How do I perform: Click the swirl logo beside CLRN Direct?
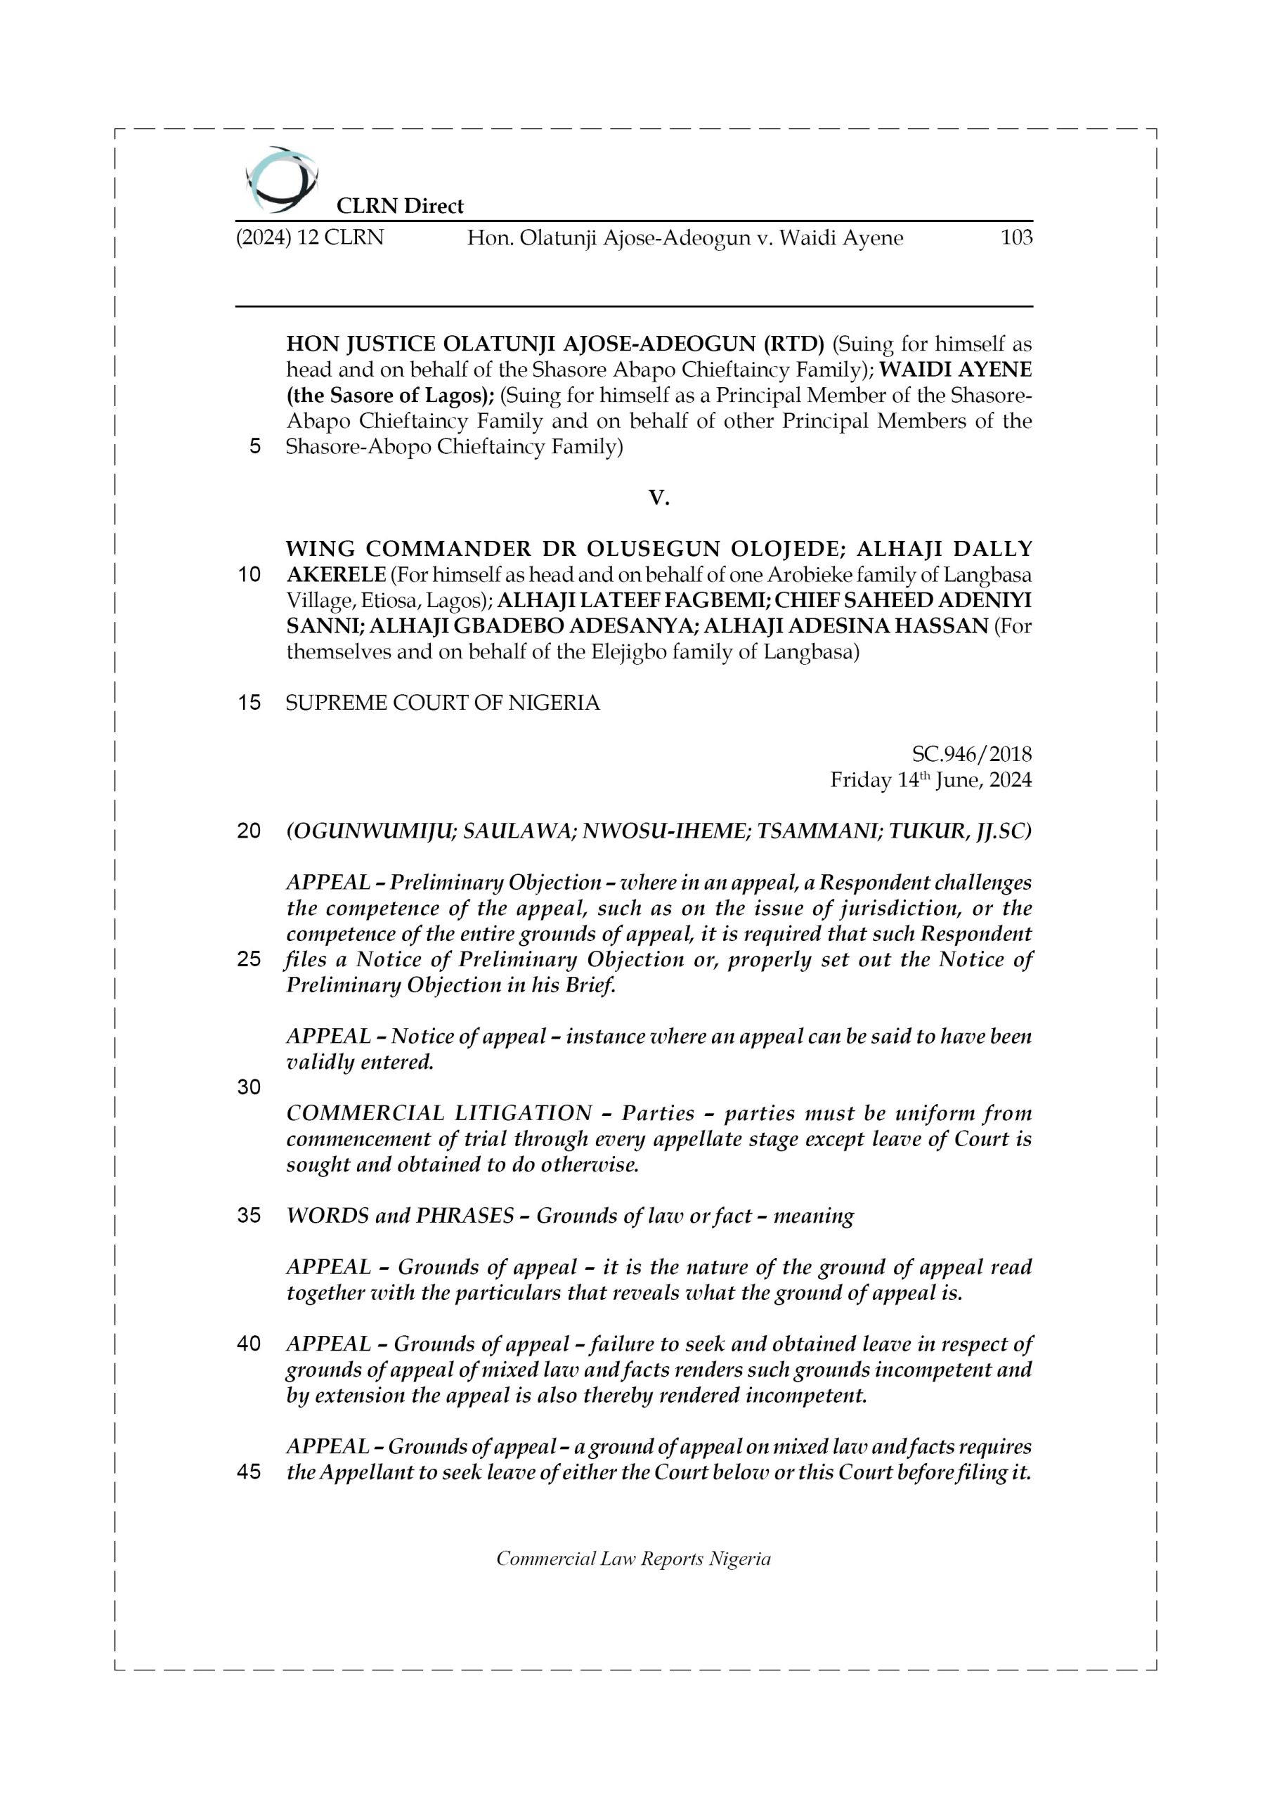[280, 180]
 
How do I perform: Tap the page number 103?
[1015, 238]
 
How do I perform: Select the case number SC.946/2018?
[971, 754]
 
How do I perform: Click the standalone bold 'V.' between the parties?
[659, 498]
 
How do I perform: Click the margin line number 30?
[249, 1086]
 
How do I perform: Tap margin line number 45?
[249, 1472]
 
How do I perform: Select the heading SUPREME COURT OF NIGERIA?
[442, 703]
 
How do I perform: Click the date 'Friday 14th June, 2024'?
[930, 781]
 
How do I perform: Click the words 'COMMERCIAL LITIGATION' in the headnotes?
[439, 1113]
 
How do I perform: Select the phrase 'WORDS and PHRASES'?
[400, 1216]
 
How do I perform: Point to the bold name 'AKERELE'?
[336, 575]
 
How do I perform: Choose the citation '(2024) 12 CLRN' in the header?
[310, 238]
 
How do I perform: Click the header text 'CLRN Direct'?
[400, 206]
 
